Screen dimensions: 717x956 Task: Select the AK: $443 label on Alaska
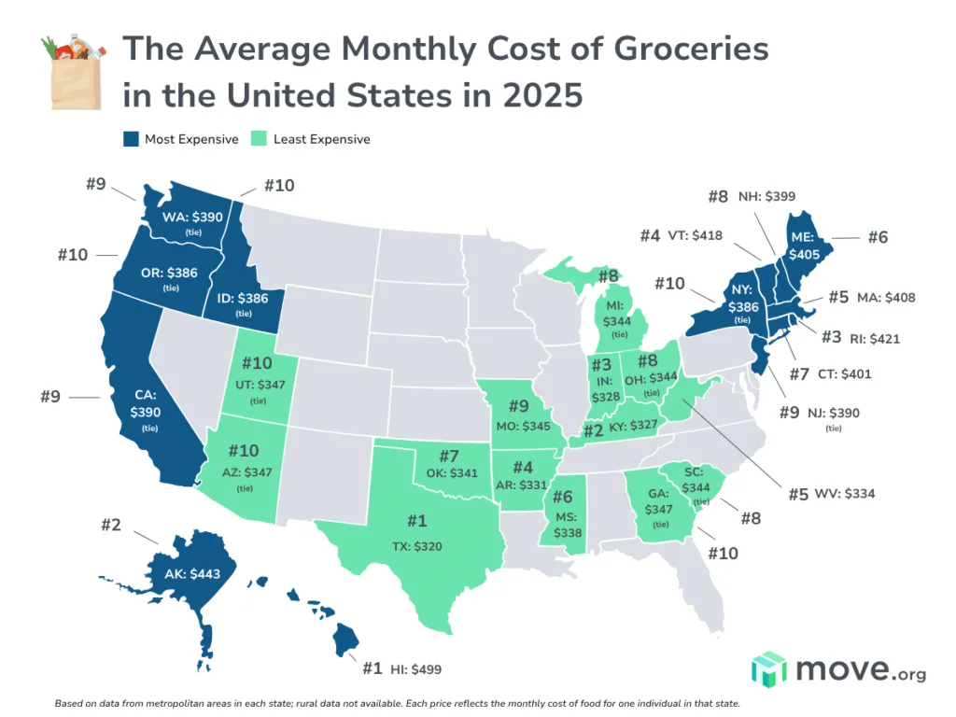pyautogui.click(x=190, y=573)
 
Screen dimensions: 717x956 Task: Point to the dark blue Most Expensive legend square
pyautogui.click(x=131, y=139)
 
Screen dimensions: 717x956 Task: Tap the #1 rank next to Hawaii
pyautogui.click(x=373, y=668)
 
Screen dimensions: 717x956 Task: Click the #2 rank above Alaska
pyautogui.click(x=111, y=525)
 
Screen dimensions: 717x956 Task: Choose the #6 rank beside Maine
pyautogui.click(x=877, y=238)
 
